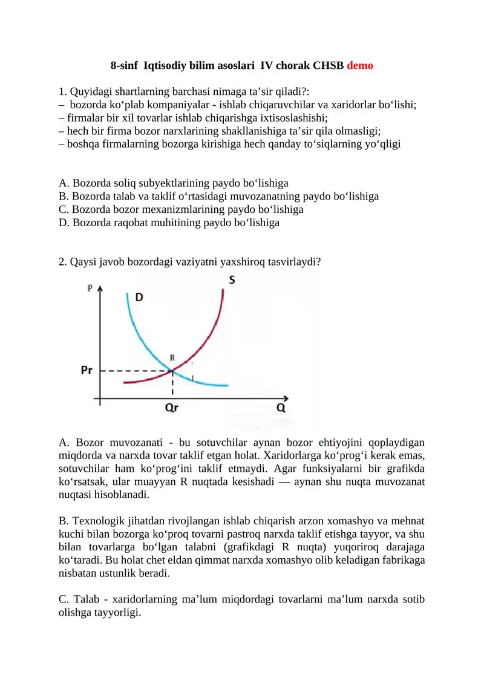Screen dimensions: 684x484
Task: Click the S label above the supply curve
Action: (233, 280)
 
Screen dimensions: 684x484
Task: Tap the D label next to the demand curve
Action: (139, 298)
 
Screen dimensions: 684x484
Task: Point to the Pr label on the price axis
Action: (87, 370)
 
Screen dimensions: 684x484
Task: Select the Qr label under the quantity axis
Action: (172, 408)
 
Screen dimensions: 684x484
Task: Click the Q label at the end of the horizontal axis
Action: (281, 408)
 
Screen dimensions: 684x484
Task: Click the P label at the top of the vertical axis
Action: (90, 288)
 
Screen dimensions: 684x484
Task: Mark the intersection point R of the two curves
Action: (173, 370)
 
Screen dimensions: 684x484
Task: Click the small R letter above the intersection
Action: (173, 358)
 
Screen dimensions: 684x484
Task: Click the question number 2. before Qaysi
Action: (63, 262)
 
